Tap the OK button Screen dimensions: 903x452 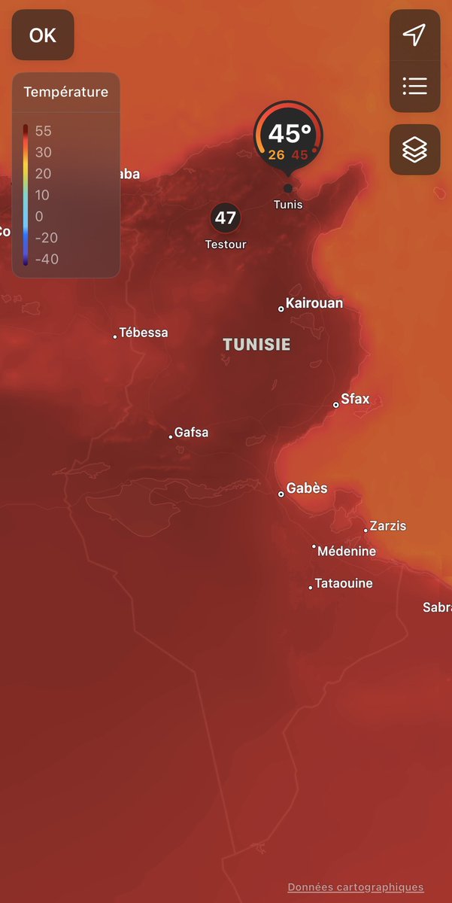coord(43,35)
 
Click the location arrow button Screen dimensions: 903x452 coord(414,35)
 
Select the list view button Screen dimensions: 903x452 coord(414,86)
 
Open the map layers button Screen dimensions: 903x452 coord(414,150)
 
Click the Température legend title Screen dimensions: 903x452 coord(66,93)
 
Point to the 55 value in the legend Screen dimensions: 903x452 coord(44,131)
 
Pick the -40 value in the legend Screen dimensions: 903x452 coord(47,260)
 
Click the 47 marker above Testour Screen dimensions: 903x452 coord(226,218)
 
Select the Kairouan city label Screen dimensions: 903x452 coord(314,303)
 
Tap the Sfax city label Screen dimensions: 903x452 coord(355,400)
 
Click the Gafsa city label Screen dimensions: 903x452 coord(191,433)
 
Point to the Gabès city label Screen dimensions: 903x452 coord(307,488)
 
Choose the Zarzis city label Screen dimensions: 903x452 coord(387,526)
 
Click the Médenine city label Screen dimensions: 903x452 coord(346,552)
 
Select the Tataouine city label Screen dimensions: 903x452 coord(343,584)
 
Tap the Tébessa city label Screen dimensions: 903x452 coord(143,333)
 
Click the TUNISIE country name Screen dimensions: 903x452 coord(256,345)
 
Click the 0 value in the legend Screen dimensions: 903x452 coord(39,217)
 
